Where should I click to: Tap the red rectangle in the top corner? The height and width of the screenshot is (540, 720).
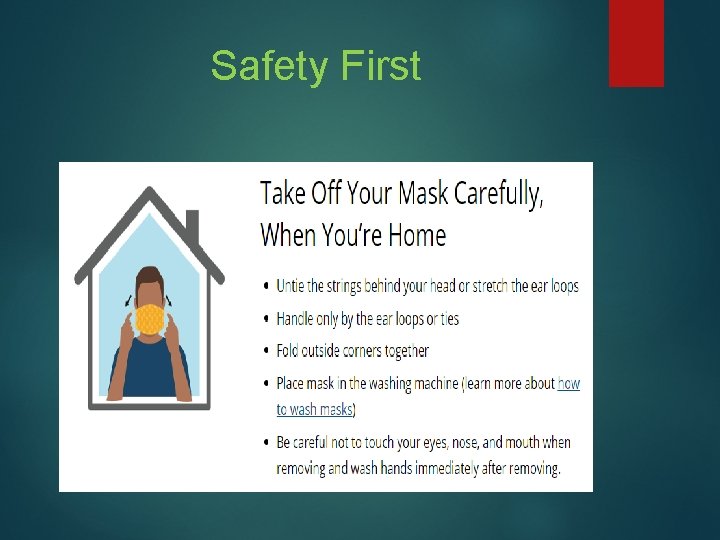[x=636, y=42]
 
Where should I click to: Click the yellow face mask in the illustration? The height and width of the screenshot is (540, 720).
[x=150, y=319]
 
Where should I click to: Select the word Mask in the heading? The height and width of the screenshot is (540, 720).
[x=424, y=192]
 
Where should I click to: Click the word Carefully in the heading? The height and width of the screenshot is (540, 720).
[x=499, y=193]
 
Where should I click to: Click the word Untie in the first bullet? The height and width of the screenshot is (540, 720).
[x=293, y=286]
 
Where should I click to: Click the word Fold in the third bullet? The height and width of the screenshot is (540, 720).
[x=290, y=351]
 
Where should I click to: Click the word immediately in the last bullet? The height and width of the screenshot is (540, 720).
[x=477, y=467]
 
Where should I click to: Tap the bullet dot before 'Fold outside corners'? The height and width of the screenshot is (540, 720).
[x=265, y=352]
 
